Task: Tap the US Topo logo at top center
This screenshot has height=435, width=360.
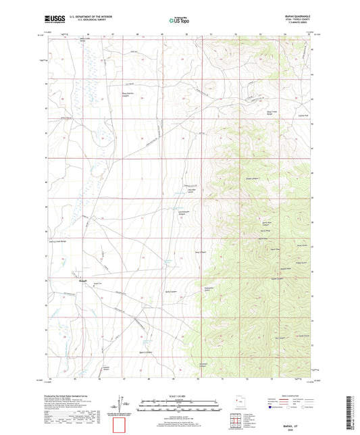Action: click(x=177, y=21)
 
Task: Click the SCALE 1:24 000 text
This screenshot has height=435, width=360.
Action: click(x=179, y=386)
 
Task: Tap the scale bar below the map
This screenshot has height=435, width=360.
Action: click(x=179, y=393)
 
